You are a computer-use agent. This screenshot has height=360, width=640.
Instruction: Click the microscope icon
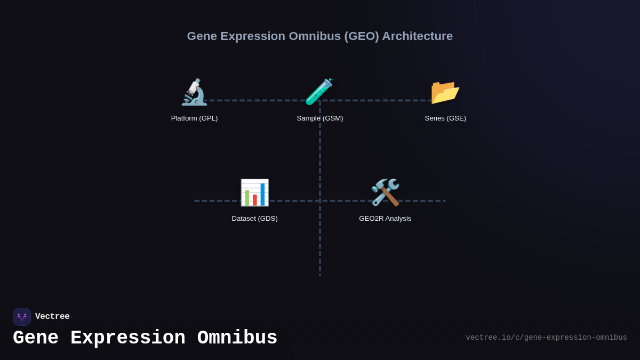pos(194,92)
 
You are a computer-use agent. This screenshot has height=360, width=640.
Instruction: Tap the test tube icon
pos(319,92)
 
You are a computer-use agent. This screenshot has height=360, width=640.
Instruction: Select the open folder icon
pos(445,92)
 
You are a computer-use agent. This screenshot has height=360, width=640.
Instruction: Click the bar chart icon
pos(254,193)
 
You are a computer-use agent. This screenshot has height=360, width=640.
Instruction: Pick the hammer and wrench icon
pos(385,193)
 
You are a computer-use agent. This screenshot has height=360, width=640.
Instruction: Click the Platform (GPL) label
pos(194,118)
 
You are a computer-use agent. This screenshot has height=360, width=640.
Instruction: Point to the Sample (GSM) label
pos(320,118)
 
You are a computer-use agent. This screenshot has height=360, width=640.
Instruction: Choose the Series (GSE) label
pos(445,118)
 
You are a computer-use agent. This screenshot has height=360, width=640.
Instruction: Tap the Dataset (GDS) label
pos(254,219)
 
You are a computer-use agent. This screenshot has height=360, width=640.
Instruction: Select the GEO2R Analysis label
pos(385,219)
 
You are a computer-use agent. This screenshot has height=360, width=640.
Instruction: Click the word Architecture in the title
pos(417,36)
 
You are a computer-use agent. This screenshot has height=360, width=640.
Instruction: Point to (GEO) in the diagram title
pos(362,36)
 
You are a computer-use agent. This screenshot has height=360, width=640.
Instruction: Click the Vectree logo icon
pos(22,317)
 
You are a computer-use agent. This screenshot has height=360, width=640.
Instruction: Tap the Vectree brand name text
pos(52,317)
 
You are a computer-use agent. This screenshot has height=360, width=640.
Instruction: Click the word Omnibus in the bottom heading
pos(237,338)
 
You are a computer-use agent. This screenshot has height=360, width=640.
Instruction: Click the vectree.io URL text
pos(546,338)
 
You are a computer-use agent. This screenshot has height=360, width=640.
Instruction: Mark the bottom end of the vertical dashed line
pos(320,275)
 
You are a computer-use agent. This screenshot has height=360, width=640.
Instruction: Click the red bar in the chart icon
pos(255,200)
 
